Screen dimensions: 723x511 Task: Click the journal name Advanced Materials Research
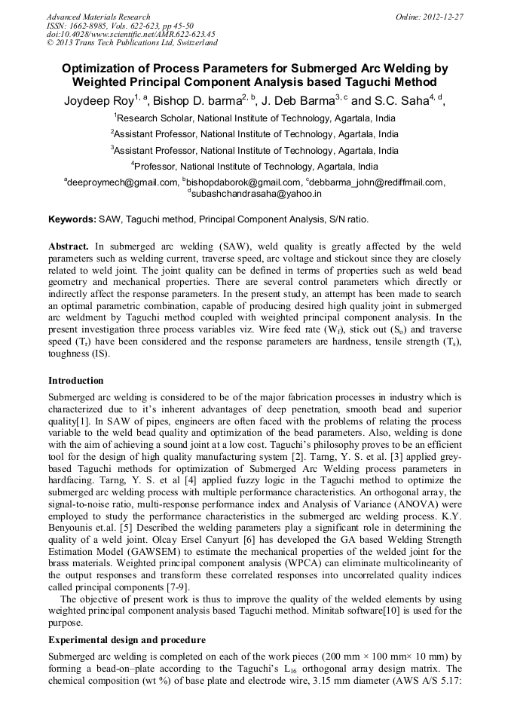click(x=98, y=17)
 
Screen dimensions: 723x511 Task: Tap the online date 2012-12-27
click(x=443, y=17)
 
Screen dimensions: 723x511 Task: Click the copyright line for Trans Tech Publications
click(x=132, y=42)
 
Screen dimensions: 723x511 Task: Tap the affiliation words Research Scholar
click(x=155, y=118)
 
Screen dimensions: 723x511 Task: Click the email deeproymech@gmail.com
click(x=123, y=182)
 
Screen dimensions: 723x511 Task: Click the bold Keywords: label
click(x=72, y=219)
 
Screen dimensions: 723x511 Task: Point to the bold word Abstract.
click(x=69, y=247)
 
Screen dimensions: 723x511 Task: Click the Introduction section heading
click(x=76, y=381)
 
